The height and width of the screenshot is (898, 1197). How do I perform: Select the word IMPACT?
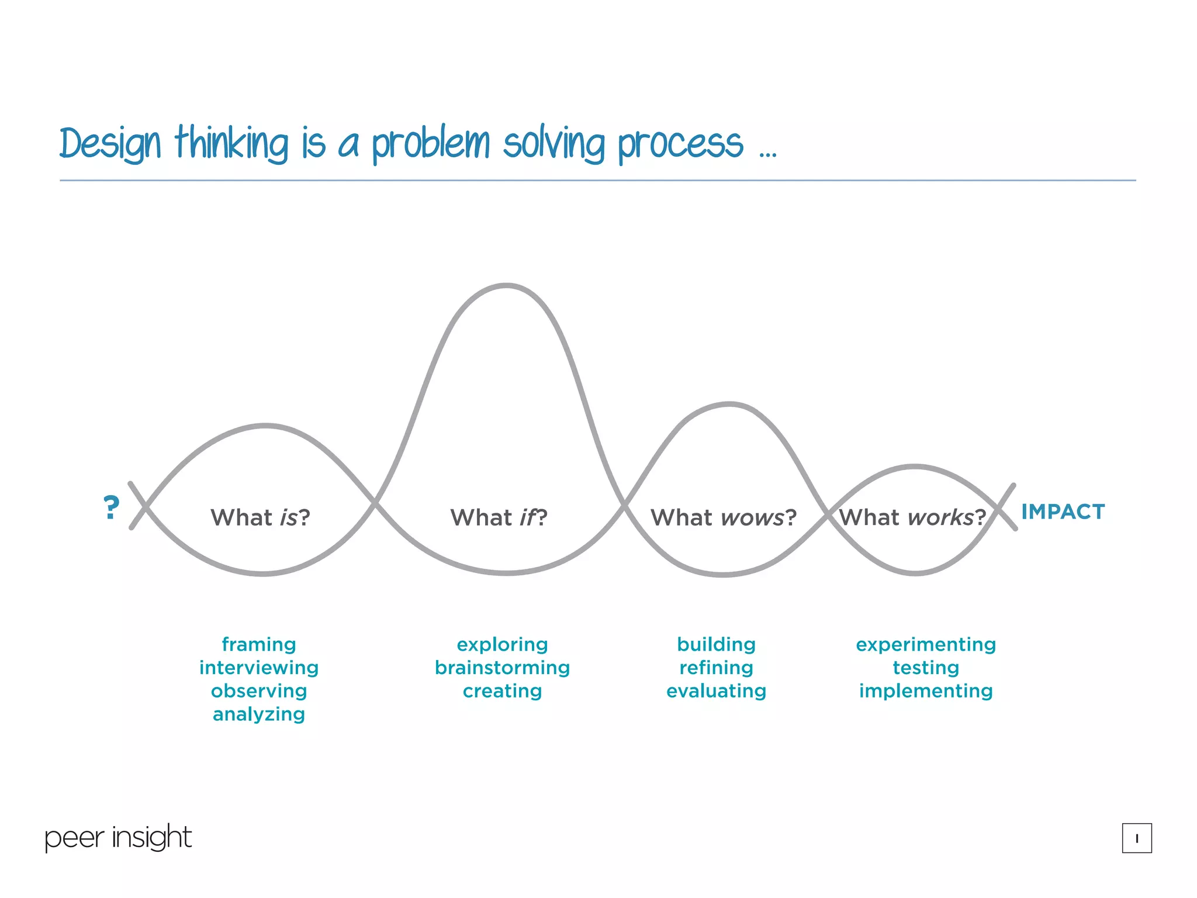tap(1063, 512)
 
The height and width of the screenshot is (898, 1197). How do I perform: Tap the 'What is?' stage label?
tap(260, 517)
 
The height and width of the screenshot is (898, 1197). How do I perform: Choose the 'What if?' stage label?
tap(499, 517)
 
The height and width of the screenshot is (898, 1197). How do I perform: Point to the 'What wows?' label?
tap(724, 517)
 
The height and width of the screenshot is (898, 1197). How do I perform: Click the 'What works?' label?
tap(912, 517)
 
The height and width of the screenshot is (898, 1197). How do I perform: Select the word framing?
tap(259, 644)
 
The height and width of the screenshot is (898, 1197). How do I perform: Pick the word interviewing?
tap(259, 668)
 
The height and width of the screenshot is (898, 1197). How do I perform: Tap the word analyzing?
tap(259, 714)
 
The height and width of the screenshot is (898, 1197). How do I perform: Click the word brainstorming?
tap(502, 668)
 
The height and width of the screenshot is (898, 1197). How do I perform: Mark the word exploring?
tap(502, 644)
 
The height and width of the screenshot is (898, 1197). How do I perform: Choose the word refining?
tap(716, 668)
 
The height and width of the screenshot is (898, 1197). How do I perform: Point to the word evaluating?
tap(716, 691)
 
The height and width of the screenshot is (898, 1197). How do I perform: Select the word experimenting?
tap(926, 644)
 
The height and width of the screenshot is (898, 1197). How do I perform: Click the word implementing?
tap(926, 691)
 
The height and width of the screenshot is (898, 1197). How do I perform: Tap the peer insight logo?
tap(118, 837)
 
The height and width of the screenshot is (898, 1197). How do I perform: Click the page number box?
tap(1136, 838)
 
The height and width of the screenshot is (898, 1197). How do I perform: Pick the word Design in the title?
tap(110, 143)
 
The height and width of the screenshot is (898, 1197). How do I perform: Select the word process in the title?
tap(680, 143)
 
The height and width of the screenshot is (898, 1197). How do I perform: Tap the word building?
tap(716, 644)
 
